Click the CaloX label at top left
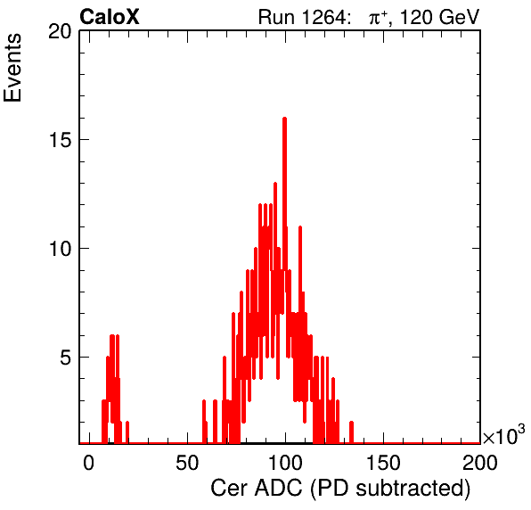point(110,16)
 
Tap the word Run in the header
point(276,17)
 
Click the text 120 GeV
point(439,17)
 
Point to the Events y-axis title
point(12,68)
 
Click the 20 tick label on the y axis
point(60,31)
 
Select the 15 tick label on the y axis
point(61,140)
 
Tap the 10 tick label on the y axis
point(61,249)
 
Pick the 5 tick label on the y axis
point(66,358)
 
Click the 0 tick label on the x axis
point(89,463)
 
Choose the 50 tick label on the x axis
point(187,463)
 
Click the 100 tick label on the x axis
point(285,463)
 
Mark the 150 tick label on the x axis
point(383,463)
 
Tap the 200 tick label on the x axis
point(480,463)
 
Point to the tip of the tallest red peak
point(284,118)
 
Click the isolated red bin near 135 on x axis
point(351,432)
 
